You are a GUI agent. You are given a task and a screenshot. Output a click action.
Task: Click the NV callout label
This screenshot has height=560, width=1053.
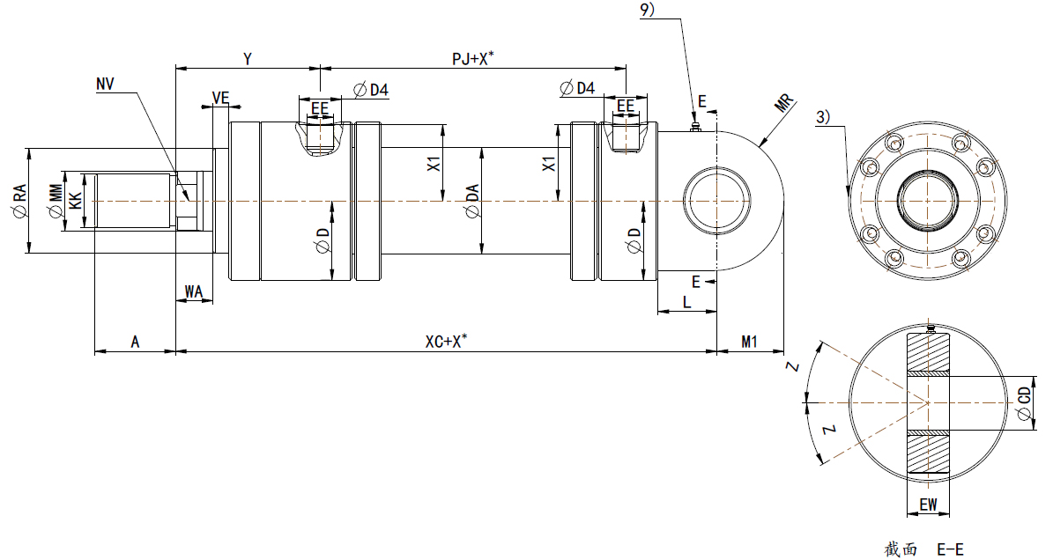106,84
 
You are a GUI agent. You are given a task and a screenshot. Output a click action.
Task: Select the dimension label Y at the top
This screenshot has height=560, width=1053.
248,59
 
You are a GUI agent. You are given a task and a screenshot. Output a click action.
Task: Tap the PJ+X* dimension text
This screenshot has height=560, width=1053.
472,59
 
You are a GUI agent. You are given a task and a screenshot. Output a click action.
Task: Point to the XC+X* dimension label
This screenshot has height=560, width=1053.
446,342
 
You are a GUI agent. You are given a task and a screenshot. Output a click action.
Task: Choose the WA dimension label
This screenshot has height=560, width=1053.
194,291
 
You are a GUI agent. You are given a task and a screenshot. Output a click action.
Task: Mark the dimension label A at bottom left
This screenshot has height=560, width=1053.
135,342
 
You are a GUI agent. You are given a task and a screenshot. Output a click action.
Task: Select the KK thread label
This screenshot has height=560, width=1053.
76,202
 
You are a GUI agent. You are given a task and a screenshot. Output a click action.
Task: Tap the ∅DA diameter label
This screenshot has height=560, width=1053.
472,202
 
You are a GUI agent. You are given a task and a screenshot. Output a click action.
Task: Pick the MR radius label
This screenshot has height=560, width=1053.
785,102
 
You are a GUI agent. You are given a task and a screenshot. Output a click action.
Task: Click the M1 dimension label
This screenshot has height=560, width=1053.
749,342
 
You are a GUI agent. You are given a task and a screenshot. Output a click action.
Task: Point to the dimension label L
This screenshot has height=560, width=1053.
686,302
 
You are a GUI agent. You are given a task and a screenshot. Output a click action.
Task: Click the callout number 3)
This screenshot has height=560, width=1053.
821,116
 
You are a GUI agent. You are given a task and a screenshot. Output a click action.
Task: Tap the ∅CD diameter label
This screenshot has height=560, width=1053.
1023,404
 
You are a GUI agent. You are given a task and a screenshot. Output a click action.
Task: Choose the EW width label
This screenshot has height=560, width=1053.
927,505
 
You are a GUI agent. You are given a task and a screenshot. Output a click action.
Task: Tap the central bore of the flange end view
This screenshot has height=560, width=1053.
928,202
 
